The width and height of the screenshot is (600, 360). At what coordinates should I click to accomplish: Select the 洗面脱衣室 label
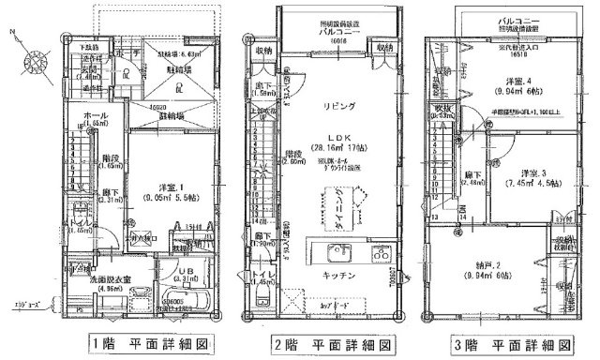[96, 278]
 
